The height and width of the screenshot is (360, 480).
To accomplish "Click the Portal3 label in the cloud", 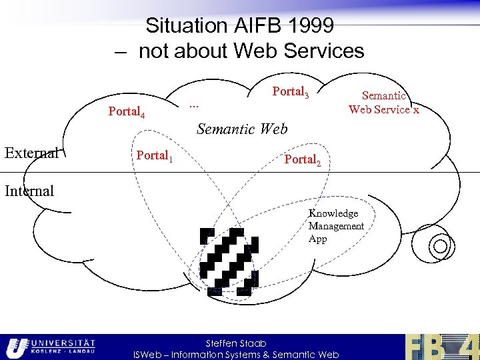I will pyautogui.click(x=290, y=93).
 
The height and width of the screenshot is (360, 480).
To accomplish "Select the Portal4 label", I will pyautogui.click(x=132, y=112).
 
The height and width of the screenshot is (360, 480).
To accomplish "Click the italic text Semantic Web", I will pyautogui.click(x=242, y=129).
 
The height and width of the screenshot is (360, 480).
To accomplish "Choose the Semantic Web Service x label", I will pyautogui.click(x=384, y=103).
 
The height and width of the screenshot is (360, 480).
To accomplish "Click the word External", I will pyautogui.click(x=31, y=153).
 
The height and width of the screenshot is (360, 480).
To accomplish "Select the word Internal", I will pyautogui.click(x=29, y=191).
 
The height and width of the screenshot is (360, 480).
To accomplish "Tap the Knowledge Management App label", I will pyautogui.click(x=336, y=226).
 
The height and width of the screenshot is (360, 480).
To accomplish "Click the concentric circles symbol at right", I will pyautogui.click(x=440, y=247).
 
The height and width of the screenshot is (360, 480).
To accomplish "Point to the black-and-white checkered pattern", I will pyautogui.click(x=229, y=261).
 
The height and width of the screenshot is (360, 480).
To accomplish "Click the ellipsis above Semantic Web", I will pyautogui.click(x=194, y=104).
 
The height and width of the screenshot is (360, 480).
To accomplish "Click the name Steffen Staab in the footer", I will pyautogui.click(x=236, y=343).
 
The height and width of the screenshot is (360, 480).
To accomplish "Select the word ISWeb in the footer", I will pyautogui.click(x=149, y=355).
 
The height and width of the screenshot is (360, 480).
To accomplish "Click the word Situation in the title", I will pyautogui.click(x=186, y=26).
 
